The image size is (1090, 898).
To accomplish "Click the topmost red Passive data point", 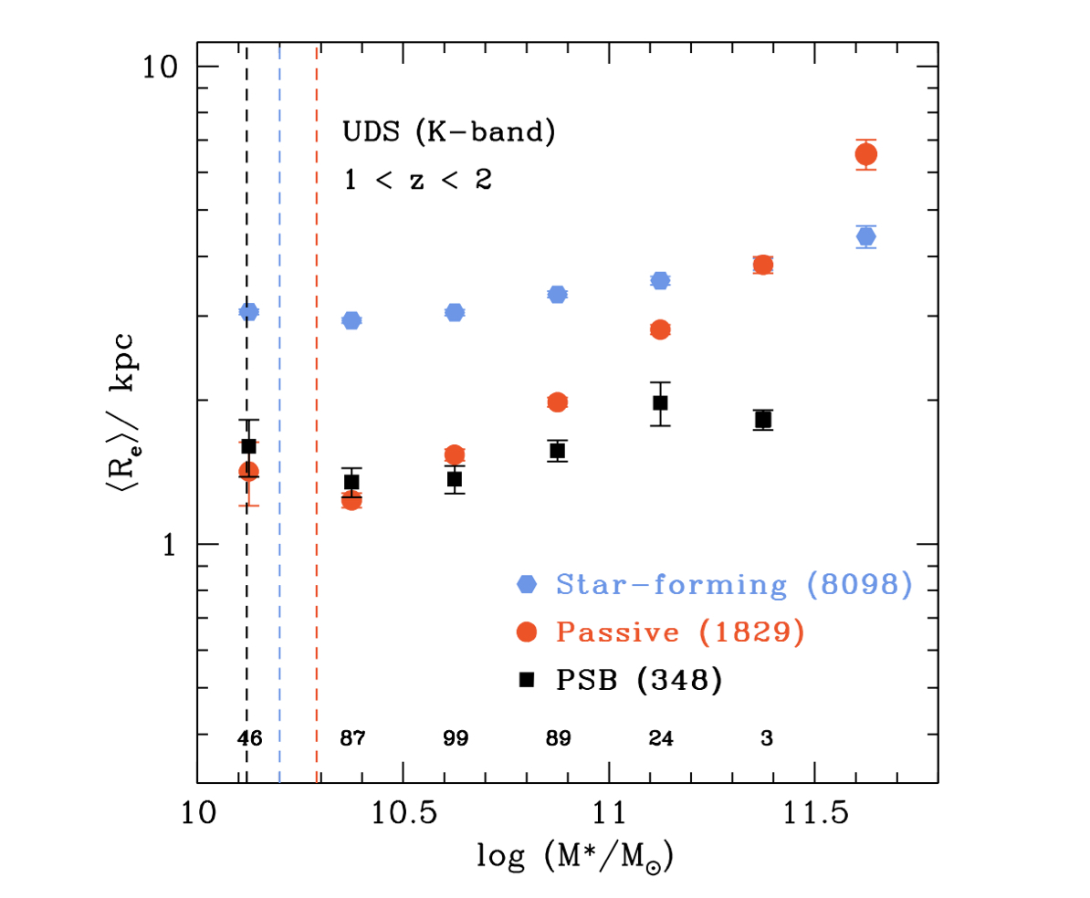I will (866, 154).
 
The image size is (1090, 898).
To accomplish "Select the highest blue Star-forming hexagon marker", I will (866, 236).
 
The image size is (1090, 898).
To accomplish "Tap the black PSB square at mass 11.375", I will (763, 420).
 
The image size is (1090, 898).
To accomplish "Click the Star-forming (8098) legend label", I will (734, 585).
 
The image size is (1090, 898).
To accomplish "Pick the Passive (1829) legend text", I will (679, 632).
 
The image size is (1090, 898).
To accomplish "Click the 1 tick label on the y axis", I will (167, 544).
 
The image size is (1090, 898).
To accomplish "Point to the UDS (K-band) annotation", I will (449, 133).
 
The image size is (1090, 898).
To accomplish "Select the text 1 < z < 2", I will (417, 180).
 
